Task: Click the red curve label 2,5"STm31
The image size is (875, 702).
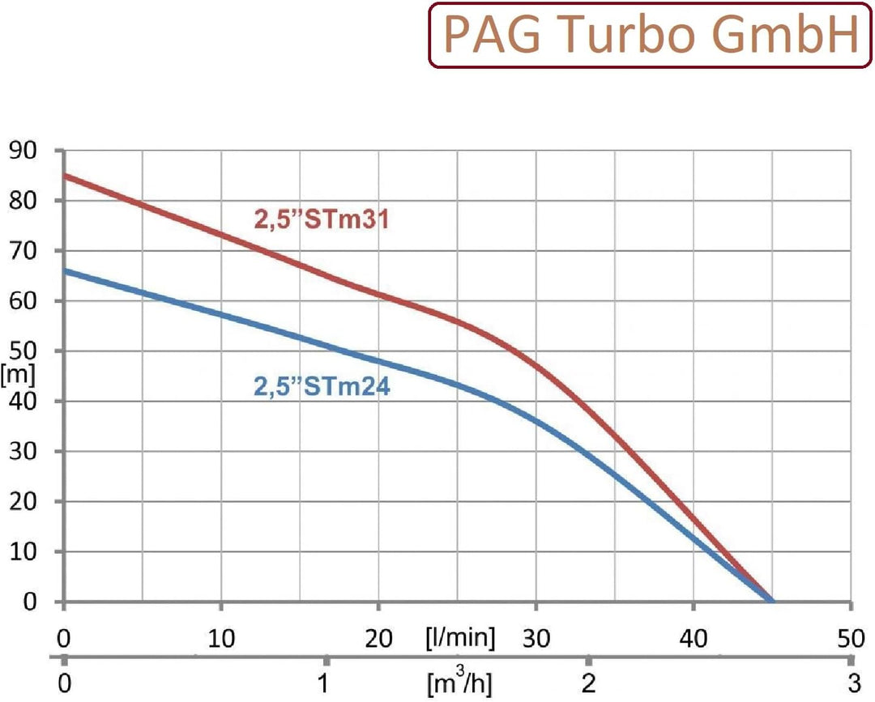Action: tap(322, 219)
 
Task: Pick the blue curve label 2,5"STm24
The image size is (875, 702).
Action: tap(322, 387)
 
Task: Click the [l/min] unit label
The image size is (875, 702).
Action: tap(459, 639)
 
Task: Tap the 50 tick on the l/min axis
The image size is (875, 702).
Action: tap(850, 639)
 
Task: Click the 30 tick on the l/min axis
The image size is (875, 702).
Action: tap(536, 639)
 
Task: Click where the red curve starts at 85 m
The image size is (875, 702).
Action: tap(64, 175)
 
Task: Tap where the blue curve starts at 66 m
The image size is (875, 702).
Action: tap(64, 270)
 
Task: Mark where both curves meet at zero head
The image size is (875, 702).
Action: tap(771, 601)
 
